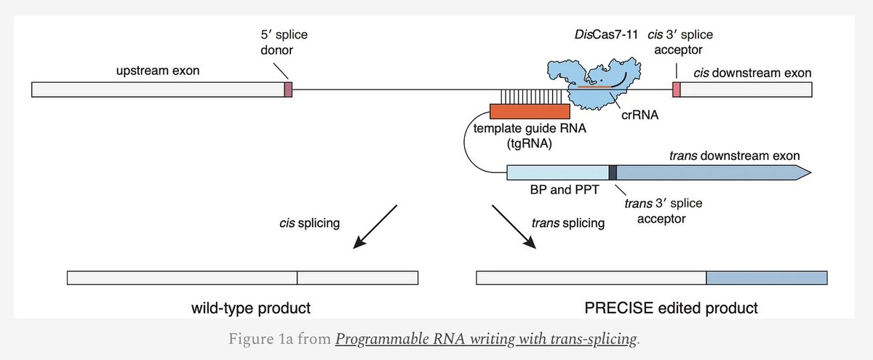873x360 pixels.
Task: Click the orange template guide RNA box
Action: (530, 111)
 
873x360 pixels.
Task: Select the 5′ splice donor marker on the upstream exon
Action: (288, 89)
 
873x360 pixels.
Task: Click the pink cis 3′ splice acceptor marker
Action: (677, 89)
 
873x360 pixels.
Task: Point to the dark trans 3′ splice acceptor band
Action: (613, 172)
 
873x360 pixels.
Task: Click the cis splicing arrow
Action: (375, 227)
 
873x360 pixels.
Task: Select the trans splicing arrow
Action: (514, 227)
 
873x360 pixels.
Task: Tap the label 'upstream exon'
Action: (158, 71)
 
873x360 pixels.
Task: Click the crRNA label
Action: (640, 115)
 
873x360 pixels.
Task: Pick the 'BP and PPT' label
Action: (565, 190)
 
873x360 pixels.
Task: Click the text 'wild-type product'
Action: (251, 308)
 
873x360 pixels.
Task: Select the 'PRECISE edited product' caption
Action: (671, 308)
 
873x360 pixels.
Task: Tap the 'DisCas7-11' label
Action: (607, 34)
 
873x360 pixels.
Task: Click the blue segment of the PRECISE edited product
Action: (767, 278)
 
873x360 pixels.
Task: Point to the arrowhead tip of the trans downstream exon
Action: (811, 172)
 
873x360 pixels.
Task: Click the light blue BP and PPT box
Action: (558, 172)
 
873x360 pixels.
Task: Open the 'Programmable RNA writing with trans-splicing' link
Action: (486, 339)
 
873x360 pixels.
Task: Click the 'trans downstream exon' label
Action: (735, 156)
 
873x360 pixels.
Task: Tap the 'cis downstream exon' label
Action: (752, 73)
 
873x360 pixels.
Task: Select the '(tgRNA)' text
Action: (530, 144)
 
